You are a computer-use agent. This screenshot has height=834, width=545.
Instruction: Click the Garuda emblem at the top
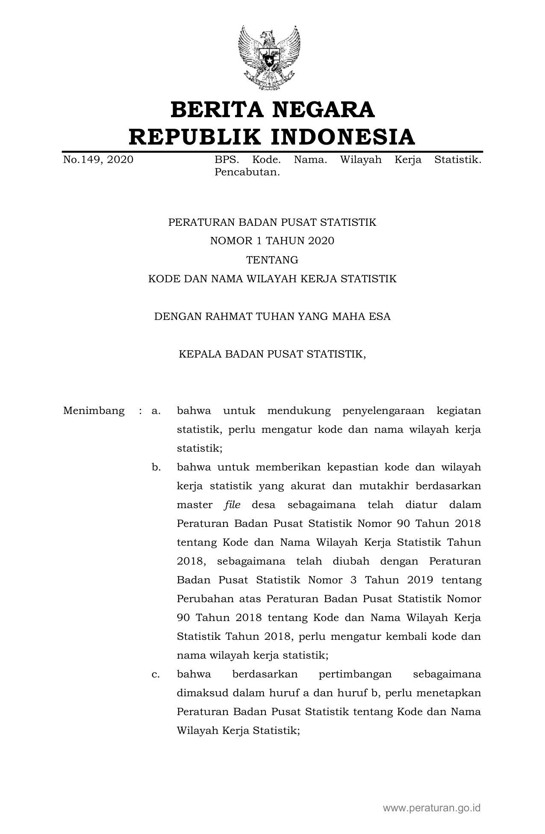click(268, 58)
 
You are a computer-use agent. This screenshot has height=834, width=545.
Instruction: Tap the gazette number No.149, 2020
click(98, 160)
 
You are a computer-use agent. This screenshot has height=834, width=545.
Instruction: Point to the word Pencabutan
click(247, 173)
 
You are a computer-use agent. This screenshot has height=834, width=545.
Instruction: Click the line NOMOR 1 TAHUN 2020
click(272, 241)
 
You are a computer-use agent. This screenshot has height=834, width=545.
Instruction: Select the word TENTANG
click(272, 260)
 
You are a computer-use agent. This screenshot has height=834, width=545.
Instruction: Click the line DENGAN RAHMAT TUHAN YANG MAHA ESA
click(272, 317)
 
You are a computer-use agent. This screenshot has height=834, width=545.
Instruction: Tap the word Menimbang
click(94, 411)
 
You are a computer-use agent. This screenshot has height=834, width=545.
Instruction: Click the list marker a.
click(156, 411)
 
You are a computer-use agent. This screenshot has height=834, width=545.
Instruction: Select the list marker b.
click(156, 467)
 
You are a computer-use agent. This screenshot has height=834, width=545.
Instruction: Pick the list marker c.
click(156, 674)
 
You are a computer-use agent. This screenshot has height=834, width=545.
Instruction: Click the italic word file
click(233, 505)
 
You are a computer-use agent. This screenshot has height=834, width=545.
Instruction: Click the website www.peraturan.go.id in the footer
click(432, 808)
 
